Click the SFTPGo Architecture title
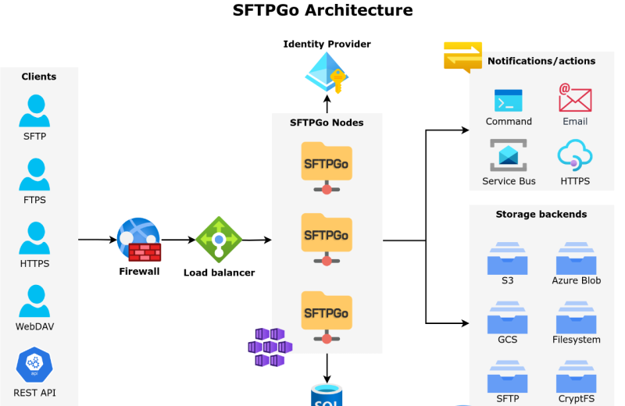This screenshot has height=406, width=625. [x=323, y=10]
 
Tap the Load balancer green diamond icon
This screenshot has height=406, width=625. [x=219, y=240]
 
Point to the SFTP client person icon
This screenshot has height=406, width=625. [x=34, y=111]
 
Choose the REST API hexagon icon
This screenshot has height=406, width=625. [x=34, y=365]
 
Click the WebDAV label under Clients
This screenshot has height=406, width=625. [x=34, y=326]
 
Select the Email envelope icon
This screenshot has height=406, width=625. [x=575, y=99]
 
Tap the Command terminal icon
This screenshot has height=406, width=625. [x=509, y=101]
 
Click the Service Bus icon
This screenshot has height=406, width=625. [x=509, y=155]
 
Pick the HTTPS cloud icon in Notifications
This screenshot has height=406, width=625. [x=575, y=155]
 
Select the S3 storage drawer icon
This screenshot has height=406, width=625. [x=508, y=257]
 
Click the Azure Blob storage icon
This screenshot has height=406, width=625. [x=577, y=257]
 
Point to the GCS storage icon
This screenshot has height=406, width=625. [x=508, y=317]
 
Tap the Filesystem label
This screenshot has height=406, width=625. [x=577, y=340]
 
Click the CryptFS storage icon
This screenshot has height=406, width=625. [x=577, y=376]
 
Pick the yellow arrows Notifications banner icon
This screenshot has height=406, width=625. [x=462, y=57]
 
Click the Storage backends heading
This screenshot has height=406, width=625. [x=541, y=214]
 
